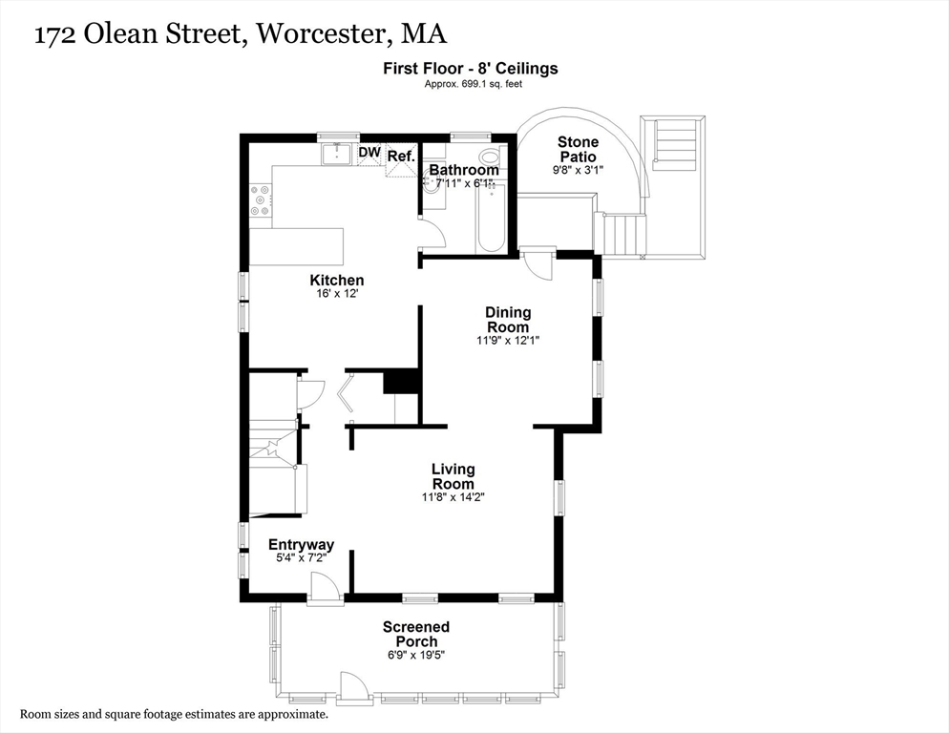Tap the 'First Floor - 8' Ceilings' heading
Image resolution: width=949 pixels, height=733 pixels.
click(471, 69)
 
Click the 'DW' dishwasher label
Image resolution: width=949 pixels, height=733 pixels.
click(369, 152)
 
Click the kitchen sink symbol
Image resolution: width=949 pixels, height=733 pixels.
click(336, 154)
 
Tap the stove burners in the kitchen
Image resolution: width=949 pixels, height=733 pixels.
click(260, 199)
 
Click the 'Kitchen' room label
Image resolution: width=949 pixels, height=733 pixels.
click(336, 280)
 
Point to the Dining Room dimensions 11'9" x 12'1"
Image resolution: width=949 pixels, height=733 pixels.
click(508, 340)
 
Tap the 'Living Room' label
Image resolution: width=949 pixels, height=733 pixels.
click(453, 476)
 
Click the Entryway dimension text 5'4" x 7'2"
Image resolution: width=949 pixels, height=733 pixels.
click(301, 559)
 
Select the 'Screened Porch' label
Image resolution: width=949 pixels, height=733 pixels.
click(416, 634)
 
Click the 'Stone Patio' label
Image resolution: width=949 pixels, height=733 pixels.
click(578, 149)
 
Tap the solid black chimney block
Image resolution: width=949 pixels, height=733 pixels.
click(402, 381)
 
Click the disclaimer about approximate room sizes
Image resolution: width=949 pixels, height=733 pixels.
click(175, 714)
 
